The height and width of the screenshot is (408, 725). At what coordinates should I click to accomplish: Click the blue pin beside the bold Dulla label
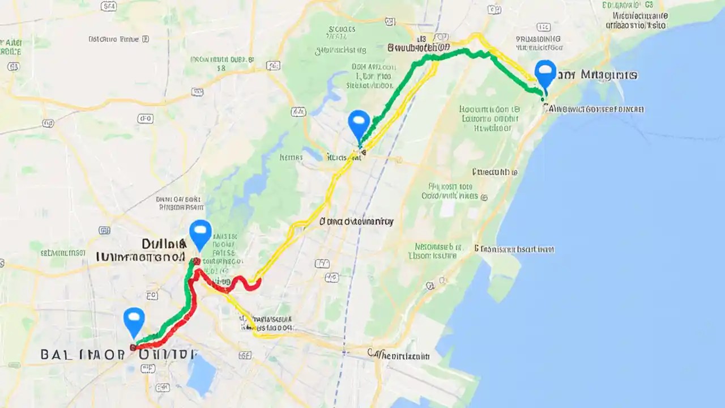click(x=200, y=233)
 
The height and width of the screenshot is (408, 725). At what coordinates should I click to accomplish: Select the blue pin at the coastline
click(x=545, y=73)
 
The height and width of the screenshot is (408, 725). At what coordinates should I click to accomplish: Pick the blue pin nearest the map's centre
click(x=359, y=123)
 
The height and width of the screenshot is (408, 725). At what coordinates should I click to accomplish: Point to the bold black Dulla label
click(x=164, y=244)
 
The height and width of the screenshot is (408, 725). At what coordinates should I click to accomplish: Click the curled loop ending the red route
click(x=251, y=284)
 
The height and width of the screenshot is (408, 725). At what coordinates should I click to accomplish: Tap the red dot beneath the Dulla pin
click(x=197, y=261)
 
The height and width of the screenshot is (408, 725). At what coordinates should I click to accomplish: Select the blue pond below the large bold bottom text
click(x=202, y=373)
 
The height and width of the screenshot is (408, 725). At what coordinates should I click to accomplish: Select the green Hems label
click(x=291, y=158)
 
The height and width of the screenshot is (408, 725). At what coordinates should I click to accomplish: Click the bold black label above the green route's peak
click(x=419, y=48)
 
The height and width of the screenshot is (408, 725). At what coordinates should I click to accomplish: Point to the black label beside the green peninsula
click(x=514, y=249)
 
